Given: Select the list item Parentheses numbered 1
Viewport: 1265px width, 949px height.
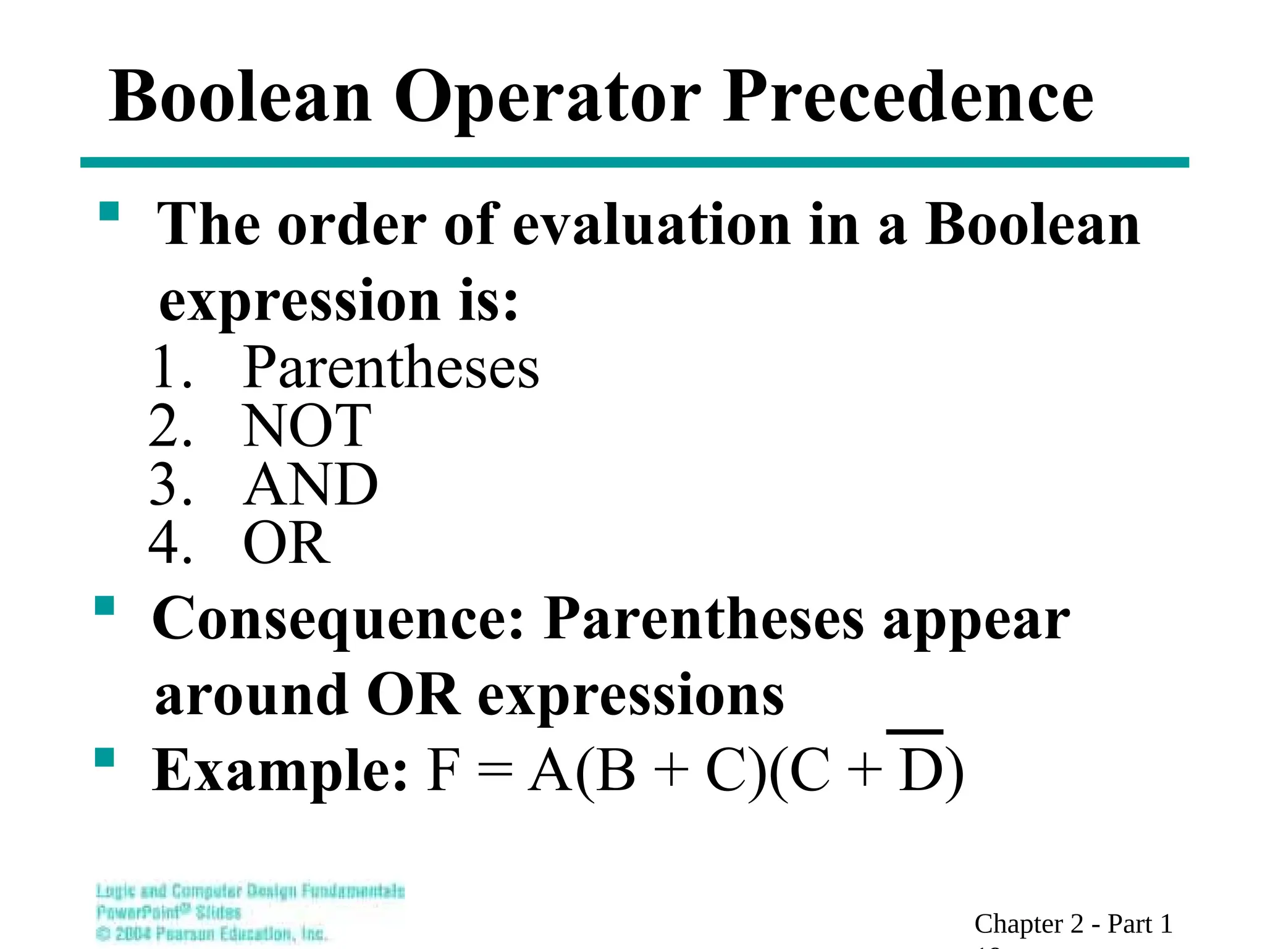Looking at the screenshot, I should click(x=390, y=368).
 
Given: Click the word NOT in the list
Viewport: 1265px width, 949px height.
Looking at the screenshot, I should click(x=307, y=426).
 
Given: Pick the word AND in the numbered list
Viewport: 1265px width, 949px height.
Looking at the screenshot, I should click(x=310, y=484).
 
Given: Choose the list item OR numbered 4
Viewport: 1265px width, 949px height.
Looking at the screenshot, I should click(x=287, y=543).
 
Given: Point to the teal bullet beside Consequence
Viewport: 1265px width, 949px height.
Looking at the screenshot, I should click(x=105, y=605).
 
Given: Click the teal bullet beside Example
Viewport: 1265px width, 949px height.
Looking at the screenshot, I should click(x=105, y=757).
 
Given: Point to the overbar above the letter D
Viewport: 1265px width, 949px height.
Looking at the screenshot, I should click(x=914, y=732).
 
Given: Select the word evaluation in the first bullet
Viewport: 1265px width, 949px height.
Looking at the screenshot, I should click(x=652, y=225).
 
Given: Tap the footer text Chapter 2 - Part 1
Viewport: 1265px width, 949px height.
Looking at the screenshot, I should click(x=1073, y=924).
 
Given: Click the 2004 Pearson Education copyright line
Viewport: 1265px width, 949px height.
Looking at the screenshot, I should click(x=212, y=934).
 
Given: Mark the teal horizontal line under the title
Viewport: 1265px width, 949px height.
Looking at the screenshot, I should click(x=634, y=162).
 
